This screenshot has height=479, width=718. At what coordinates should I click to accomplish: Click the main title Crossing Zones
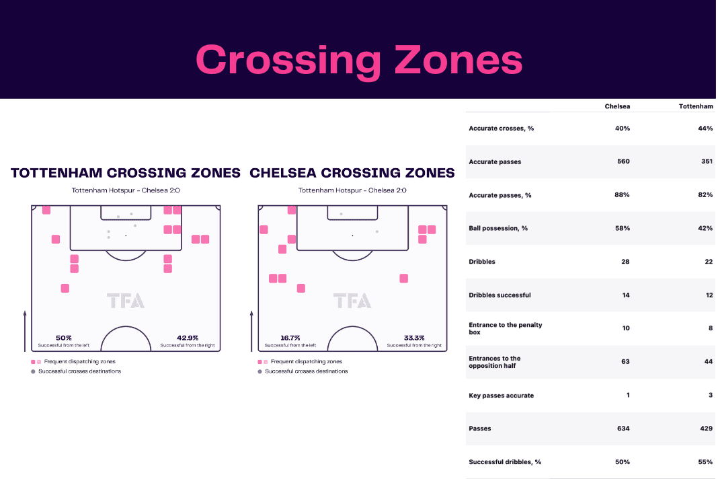[359, 60]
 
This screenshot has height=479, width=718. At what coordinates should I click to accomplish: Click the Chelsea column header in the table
[616, 106]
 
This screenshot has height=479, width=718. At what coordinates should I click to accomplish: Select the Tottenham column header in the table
[696, 106]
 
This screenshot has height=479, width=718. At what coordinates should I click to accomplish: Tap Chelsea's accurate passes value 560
[623, 161]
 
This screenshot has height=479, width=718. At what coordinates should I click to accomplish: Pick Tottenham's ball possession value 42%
[705, 228]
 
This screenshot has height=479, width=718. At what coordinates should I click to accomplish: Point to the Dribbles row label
[482, 262]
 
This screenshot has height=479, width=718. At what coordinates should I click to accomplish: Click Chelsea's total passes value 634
[623, 429]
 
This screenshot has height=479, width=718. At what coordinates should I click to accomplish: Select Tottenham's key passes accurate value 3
[711, 395]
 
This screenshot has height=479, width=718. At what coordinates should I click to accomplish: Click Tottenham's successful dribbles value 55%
[705, 462]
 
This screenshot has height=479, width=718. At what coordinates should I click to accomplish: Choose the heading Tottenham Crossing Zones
[126, 173]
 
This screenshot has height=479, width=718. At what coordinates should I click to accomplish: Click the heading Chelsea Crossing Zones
[352, 173]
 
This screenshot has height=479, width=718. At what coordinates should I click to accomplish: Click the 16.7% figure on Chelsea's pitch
[290, 338]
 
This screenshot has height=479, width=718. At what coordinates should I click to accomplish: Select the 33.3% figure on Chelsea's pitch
[414, 338]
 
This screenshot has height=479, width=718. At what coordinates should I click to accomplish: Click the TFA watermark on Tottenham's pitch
[126, 301]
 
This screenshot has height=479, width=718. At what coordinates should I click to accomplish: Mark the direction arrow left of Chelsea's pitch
[251, 331]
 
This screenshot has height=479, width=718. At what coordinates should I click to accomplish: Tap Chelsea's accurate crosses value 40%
[623, 128]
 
